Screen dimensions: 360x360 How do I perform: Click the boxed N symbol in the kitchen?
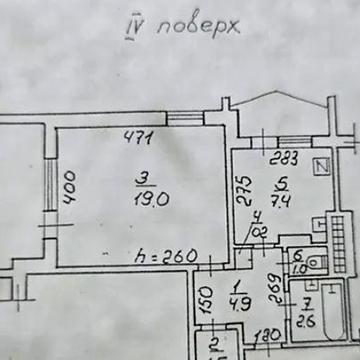pyautogui.click(x=322, y=166)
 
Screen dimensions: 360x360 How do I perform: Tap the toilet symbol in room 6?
pyautogui.click(x=313, y=263)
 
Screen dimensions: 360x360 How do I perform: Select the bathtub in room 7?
pyautogui.click(x=311, y=309)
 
